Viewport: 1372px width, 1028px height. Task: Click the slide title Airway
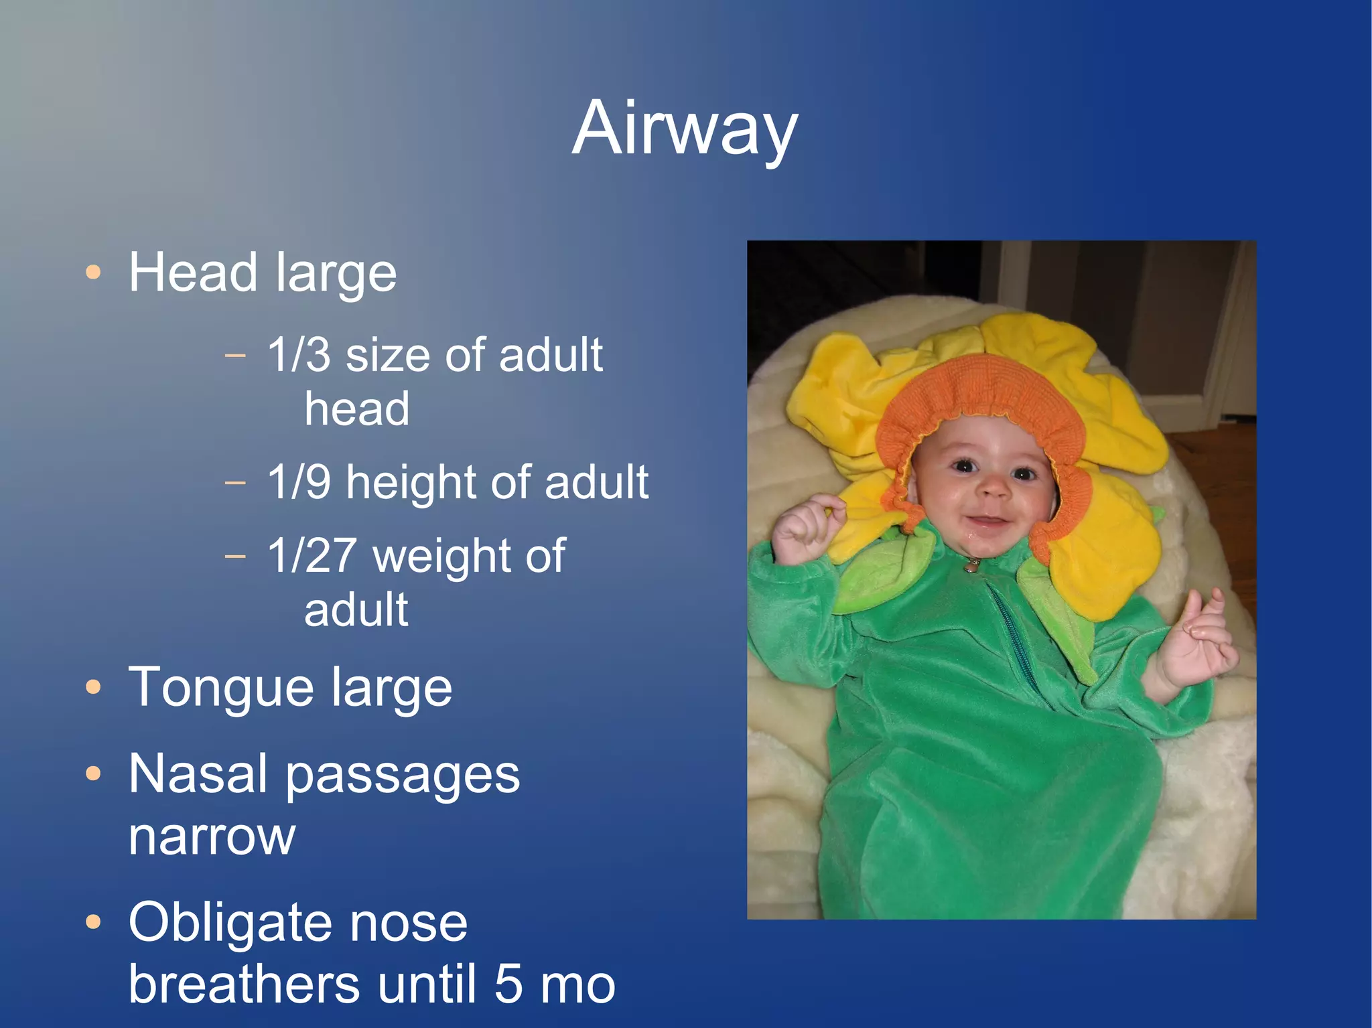[x=685, y=129]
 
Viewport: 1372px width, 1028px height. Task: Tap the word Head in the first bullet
[x=193, y=273]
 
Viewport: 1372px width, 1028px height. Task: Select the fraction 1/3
[x=299, y=355]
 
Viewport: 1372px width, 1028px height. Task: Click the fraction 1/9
[x=299, y=482]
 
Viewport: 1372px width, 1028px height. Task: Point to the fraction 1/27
[x=312, y=556]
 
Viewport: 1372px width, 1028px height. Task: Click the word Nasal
[x=198, y=774]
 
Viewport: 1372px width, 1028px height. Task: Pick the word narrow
[x=212, y=837]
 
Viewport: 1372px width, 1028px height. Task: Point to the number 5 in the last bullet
[x=509, y=984]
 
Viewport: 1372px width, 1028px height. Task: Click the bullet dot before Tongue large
[x=94, y=687]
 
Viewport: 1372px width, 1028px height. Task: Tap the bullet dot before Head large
[x=94, y=273]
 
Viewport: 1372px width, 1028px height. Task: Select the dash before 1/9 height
[x=235, y=482]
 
